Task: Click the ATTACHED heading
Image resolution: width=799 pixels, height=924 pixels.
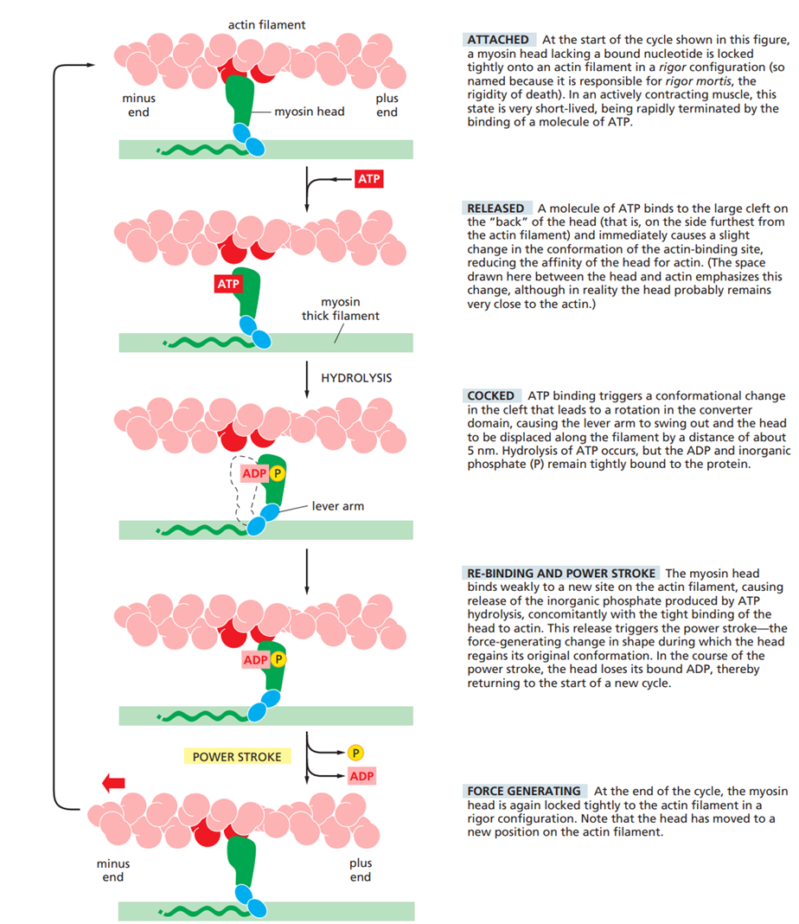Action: click(498, 40)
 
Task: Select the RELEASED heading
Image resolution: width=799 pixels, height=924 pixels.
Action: click(495, 208)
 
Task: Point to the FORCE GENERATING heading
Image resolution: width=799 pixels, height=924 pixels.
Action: click(524, 791)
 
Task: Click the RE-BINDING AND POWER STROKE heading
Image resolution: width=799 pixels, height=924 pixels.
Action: click(561, 574)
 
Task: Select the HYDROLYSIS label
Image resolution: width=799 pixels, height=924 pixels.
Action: click(356, 378)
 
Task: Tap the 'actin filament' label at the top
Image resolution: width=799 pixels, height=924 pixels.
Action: click(266, 25)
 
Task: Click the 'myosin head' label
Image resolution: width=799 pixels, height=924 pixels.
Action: click(310, 112)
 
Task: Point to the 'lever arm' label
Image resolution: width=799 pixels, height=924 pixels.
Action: click(338, 506)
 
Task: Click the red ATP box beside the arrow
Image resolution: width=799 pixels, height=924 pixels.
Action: click(368, 180)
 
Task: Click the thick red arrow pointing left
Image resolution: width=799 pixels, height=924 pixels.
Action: click(113, 783)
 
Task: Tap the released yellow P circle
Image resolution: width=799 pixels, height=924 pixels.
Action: click(355, 752)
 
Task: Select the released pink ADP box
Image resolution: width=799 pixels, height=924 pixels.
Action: click(361, 776)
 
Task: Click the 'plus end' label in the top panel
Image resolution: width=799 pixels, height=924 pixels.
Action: click(387, 106)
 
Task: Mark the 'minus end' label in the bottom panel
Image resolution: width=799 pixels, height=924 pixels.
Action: click(113, 870)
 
